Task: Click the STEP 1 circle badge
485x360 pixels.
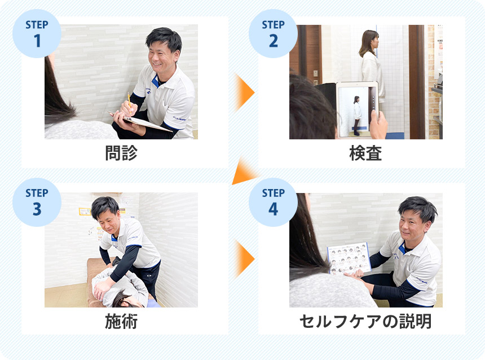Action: click(x=37, y=33)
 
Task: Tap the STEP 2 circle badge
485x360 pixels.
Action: click(x=273, y=33)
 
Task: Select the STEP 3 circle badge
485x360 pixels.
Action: click(x=37, y=202)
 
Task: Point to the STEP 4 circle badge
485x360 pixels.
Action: click(x=273, y=202)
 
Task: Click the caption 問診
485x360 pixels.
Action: click(x=121, y=153)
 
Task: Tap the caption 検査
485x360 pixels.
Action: click(x=365, y=153)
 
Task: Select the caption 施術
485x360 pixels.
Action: click(x=121, y=321)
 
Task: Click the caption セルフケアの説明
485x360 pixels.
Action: click(x=365, y=321)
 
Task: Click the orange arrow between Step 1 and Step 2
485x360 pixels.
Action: click(x=244, y=92)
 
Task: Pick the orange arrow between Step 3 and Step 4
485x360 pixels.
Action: click(x=244, y=259)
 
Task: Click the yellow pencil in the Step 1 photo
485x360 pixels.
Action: click(x=129, y=99)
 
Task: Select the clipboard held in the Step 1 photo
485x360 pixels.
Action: click(x=141, y=122)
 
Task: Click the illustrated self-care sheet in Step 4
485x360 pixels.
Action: click(x=349, y=258)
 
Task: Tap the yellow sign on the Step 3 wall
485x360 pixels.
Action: click(x=85, y=212)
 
